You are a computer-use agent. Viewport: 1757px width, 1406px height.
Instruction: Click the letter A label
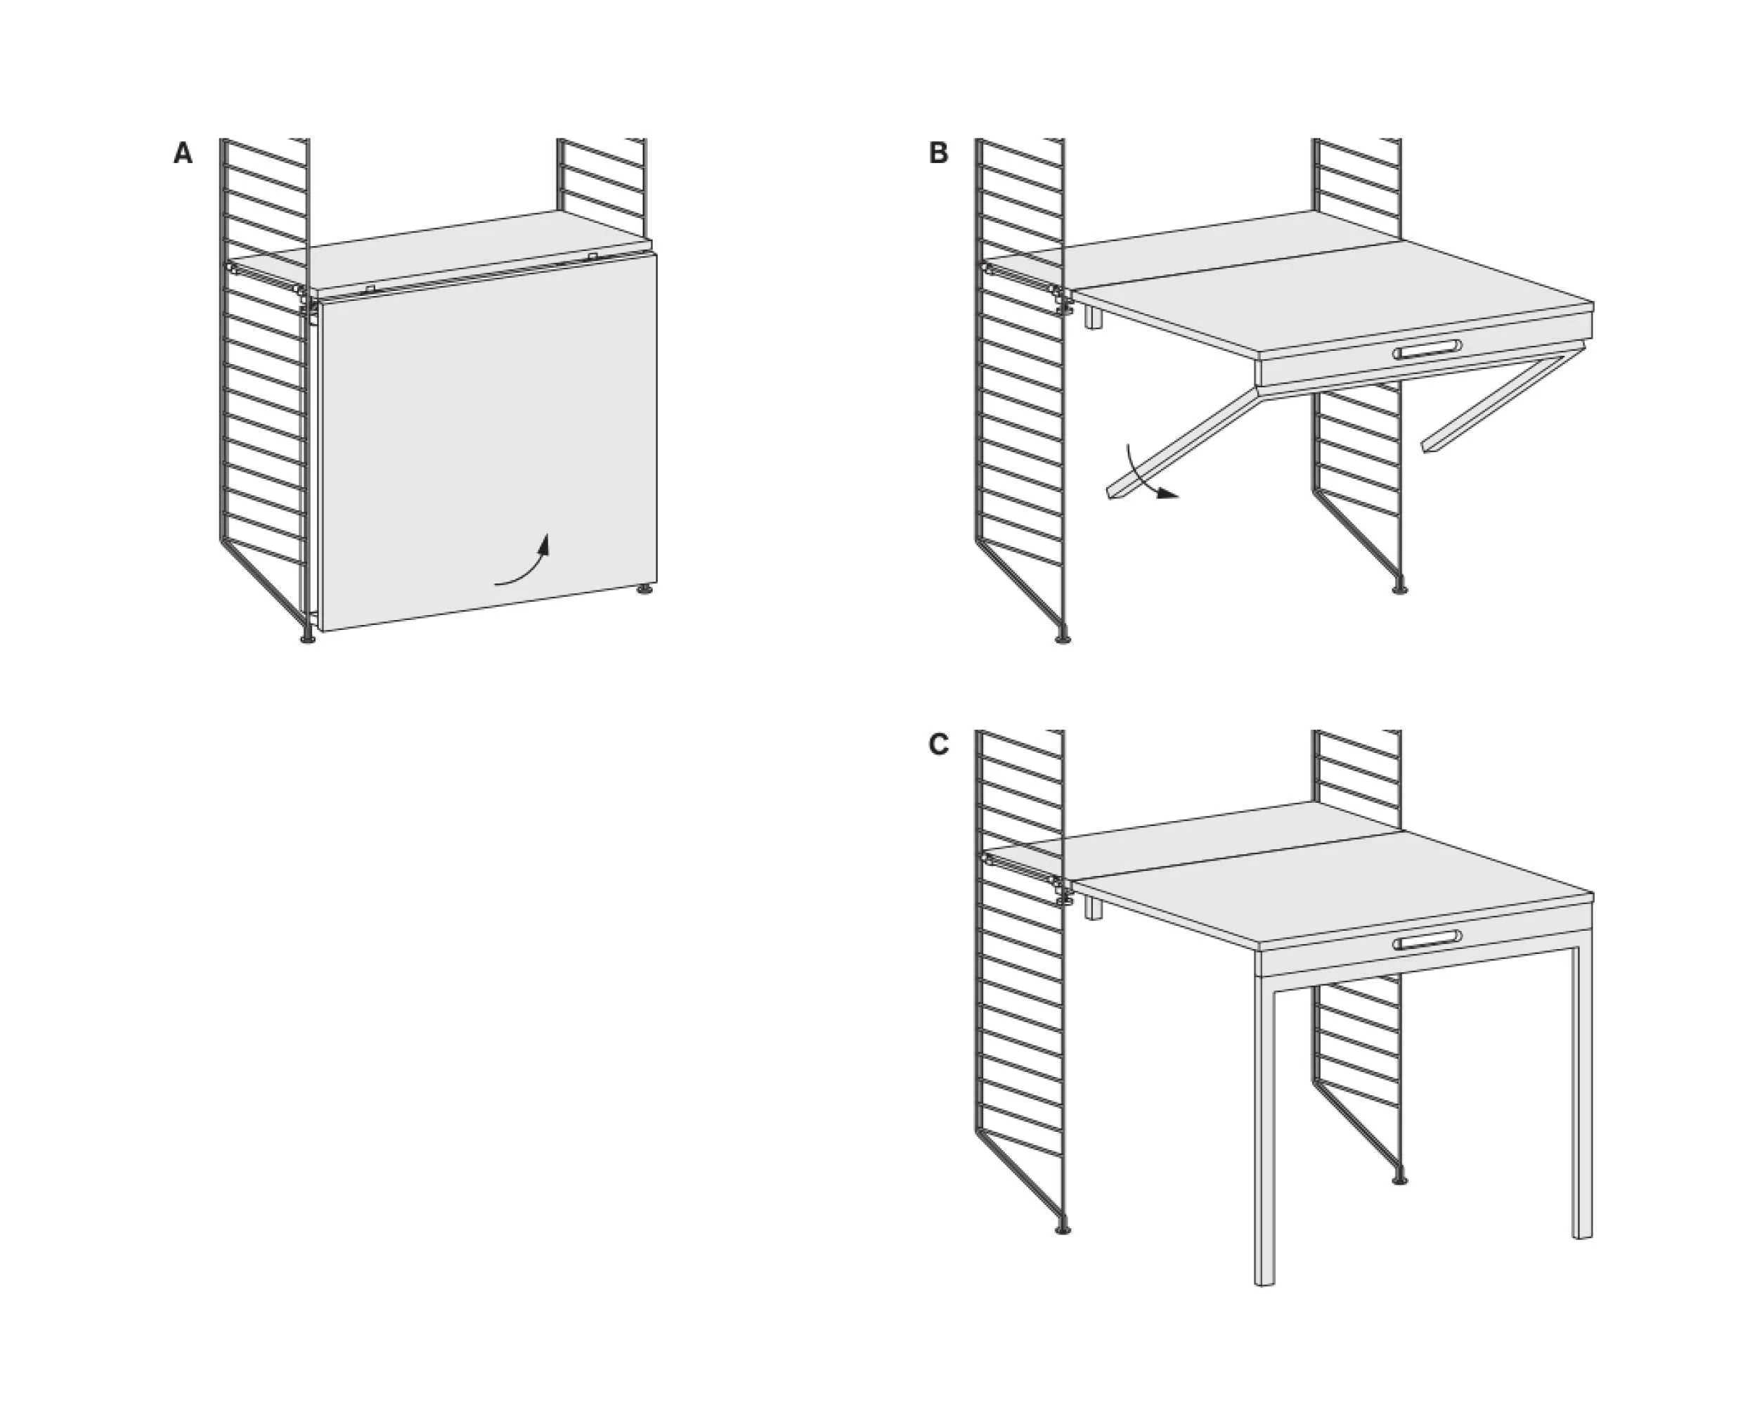pyautogui.click(x=183, y=153)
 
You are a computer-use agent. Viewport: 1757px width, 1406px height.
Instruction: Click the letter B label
pyautogui.click(x=939, y=153)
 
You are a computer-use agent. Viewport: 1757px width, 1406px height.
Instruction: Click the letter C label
pyautogui.click(x=939, y=745)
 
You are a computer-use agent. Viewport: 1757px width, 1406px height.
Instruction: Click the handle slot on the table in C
pyautogui.click(x=1427, y=941)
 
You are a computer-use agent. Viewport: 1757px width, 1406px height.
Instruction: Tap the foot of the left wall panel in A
pyautogui.click(x=307, y=638)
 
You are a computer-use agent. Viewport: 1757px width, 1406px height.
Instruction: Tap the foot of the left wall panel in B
pyautogui.click(x=1063, y=638)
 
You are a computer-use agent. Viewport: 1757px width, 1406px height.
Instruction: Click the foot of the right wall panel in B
pyautogui.click(x=1399, y=588)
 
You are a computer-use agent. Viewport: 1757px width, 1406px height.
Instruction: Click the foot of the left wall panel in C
pyautogui.click(x=1063, y=1229)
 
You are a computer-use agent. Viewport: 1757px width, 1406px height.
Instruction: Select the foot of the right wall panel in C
pyautogui.click(x=1399, y=1180)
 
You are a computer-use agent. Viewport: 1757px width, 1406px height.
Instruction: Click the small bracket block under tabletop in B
pyautogui.click(x=1094, y=317)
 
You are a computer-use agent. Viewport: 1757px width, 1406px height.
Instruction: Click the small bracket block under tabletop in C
pyautogui.click(x=1094, y=908)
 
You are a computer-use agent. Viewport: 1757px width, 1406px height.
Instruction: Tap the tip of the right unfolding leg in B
pyautogui.click(x=1430, y=446)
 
